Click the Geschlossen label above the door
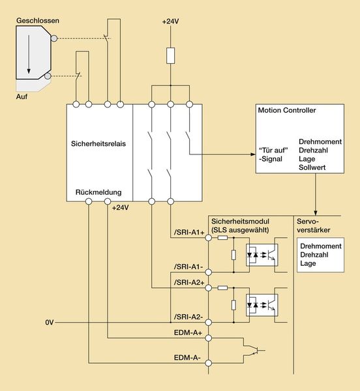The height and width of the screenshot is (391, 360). [x=38, y=20]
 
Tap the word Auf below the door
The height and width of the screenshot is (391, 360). [x=22, y=96]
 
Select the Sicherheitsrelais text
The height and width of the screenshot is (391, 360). [x=98, y=143]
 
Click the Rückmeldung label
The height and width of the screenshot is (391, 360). [x=98, y=192]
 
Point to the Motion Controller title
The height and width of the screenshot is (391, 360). [x=287, y=110]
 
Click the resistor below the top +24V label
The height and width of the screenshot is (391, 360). [x=170, y=55]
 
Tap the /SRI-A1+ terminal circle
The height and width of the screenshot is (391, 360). [x=208, y=238]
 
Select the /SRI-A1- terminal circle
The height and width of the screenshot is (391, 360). [x=208, y=272]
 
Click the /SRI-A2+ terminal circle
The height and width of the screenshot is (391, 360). [x=208, y=288]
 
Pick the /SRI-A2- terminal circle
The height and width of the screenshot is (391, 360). [x=208, y=323]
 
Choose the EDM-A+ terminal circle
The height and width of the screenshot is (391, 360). [x=208, y=338]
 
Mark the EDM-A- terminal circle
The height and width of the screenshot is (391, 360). [x=208, y=363]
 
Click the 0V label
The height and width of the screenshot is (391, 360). [x=50, y=323]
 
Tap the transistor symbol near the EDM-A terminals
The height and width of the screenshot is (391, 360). [x=254, y=351]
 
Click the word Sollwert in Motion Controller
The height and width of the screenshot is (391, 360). [x=312, y=167]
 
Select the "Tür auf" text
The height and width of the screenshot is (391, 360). [x=273, y=150]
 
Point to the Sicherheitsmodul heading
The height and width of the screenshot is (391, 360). [x=240, y=221]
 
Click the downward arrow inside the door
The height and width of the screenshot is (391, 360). [x=29, y=54]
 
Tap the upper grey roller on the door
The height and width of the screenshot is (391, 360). [x=54, y=38]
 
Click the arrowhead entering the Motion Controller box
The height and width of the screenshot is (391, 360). [x=253, y=154]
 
